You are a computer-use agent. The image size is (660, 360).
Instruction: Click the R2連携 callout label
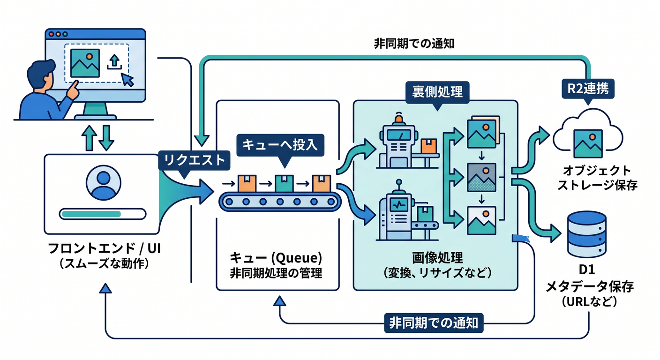[x=588, y=89]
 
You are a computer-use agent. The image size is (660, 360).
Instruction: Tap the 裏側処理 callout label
[x=437, y=92]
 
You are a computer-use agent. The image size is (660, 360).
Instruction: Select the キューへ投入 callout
[x=280, y=145]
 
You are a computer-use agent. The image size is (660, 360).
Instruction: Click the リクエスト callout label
[x=194, y=161]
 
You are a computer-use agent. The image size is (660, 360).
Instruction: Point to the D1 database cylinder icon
[x=586, y=234]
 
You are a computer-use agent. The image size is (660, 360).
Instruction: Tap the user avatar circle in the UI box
[x=104, y=183]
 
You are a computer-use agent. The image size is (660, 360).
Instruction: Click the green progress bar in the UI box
[x=91, y=214]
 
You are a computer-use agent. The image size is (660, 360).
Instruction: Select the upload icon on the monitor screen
[x=114, y=62]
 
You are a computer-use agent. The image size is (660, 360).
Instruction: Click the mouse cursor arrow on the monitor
[x=127, y=80]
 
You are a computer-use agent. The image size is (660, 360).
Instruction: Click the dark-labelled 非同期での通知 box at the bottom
[x=434, y=323]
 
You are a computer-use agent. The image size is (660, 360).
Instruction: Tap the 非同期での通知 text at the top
[x=414, y=44]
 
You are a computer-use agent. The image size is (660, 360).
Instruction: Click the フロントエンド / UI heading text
[x=104, y=248]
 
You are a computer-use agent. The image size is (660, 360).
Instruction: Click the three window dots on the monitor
[x=58, y=34]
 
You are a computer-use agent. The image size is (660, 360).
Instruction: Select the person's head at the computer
[x=42, y=75]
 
